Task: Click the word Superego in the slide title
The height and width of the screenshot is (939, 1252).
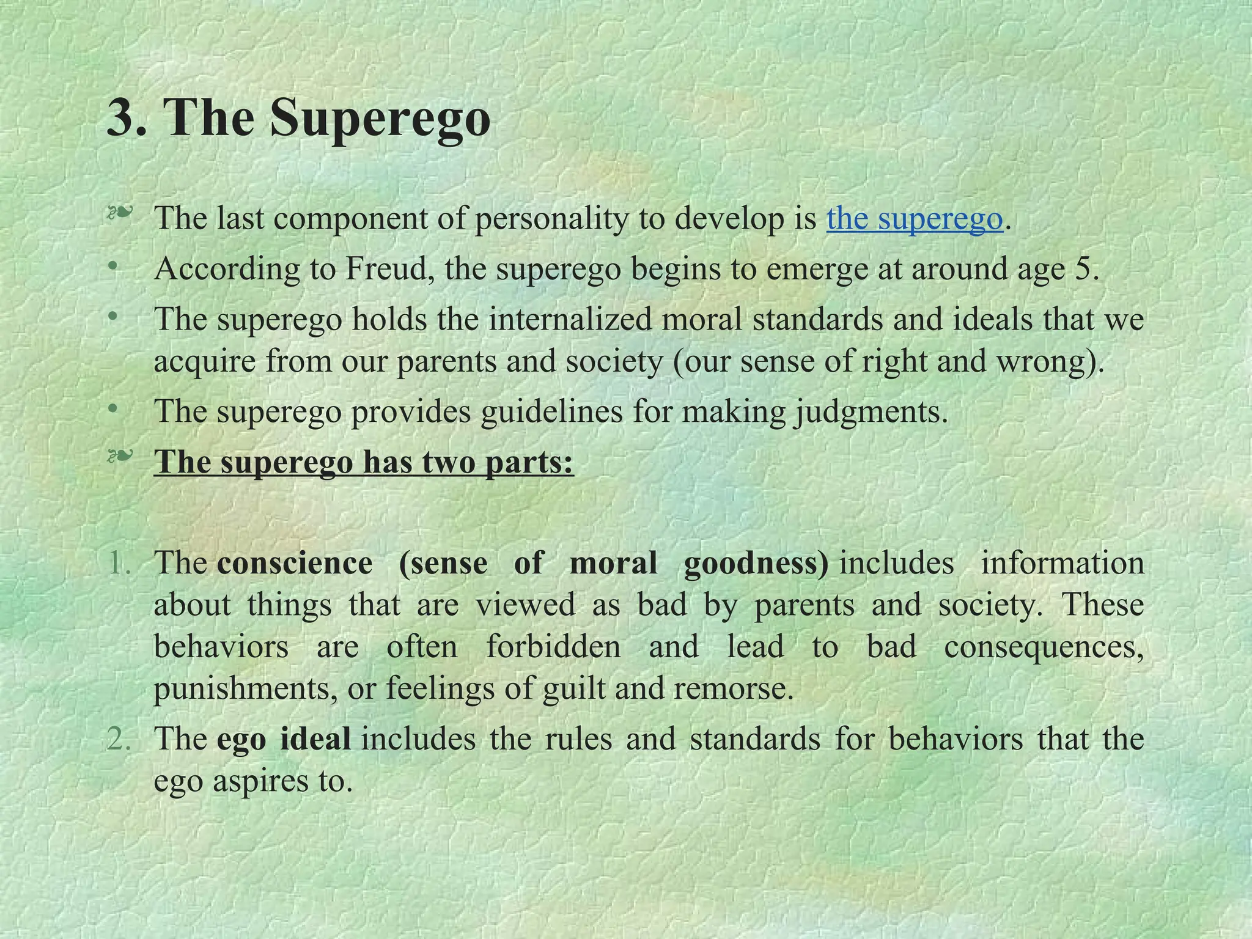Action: click(380, 118)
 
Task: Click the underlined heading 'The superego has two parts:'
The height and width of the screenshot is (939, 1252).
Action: click(364, 462)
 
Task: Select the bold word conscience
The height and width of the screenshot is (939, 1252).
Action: click(295, 563)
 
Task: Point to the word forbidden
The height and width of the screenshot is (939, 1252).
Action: click(553, 647)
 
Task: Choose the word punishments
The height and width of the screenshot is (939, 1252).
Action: click(245, 689)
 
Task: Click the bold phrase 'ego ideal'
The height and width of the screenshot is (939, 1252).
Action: click(284, 739)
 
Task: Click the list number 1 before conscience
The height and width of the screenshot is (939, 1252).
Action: click(118, 563)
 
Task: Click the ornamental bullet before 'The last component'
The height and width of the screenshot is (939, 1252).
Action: click(119, 214)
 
